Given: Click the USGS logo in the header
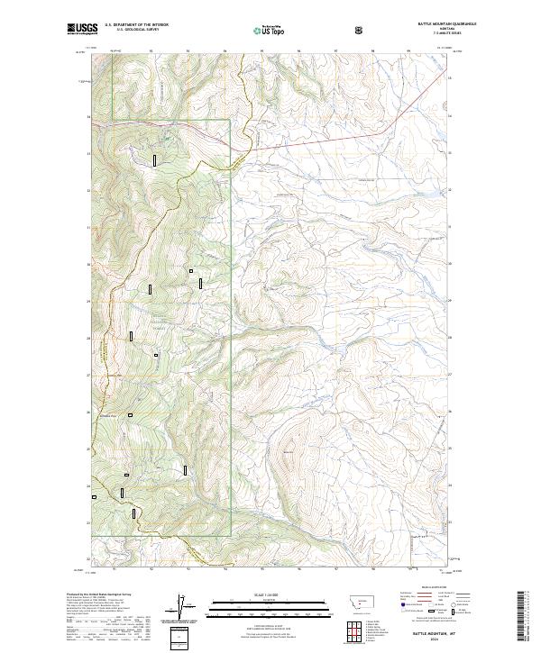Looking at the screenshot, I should click(x=82, y=30).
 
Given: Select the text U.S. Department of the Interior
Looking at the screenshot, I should click(x=136, y=24).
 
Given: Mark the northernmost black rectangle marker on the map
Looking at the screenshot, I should click(x=155, y=160).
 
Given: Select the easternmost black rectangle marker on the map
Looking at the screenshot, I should click(x=201, y=283).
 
